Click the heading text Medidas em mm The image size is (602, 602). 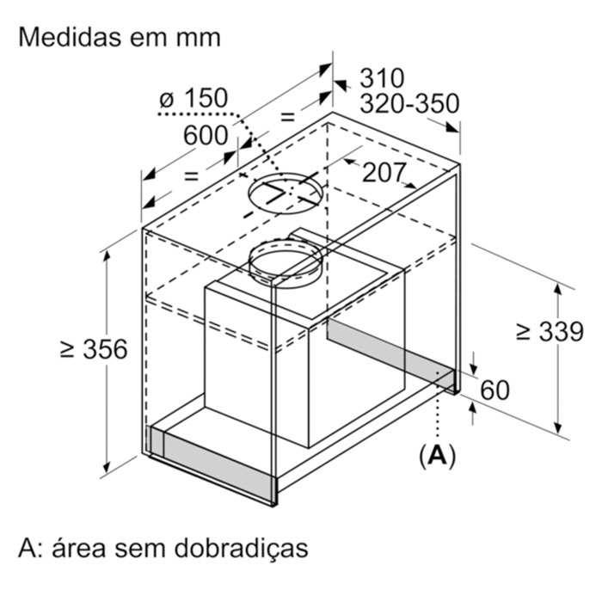pos(120,37)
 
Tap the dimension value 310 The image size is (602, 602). pos(382,78)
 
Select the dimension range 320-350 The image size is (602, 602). pos(409,103)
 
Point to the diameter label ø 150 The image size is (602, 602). pos(193,98)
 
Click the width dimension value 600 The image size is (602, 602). pos(206,135)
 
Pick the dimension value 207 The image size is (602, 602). pos(384,172)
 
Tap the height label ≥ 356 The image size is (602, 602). pos(94,349)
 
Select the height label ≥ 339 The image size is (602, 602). pos(550,331)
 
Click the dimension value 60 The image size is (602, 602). pos(495,390)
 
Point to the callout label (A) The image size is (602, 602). pos(437,456)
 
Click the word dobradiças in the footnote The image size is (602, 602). pos(241,549)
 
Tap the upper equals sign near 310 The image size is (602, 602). pos(287,116)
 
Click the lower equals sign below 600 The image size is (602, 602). pos(191,175)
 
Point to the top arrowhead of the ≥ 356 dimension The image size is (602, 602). pos(107,258)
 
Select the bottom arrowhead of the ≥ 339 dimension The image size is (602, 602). pos(559,427)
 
